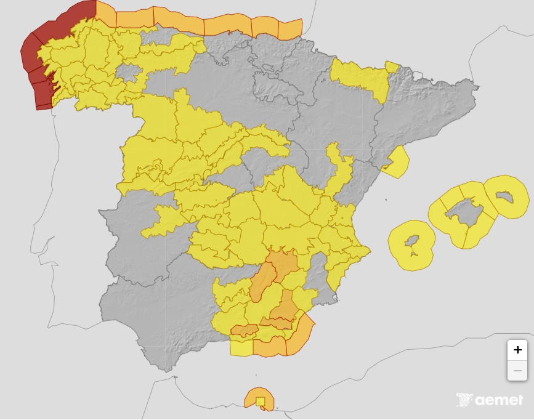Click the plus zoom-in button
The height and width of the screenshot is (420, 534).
517,350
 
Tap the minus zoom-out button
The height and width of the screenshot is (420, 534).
517,370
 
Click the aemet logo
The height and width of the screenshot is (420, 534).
490,400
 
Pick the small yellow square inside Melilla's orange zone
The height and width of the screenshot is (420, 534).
261,402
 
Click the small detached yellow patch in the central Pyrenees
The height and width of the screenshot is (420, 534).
392,67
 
